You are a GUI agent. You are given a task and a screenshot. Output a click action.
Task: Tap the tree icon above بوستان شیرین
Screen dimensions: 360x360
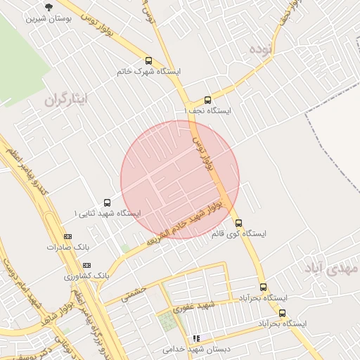(48, 7)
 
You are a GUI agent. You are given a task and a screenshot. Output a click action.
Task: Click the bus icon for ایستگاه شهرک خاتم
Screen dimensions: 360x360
(148, 60)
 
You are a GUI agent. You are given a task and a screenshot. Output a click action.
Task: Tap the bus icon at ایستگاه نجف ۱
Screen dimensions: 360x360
(207, 100)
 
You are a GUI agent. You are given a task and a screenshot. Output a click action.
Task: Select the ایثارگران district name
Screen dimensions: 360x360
(68, 100)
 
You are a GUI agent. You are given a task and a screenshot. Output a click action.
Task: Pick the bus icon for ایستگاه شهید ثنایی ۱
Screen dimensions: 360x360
(107, 202)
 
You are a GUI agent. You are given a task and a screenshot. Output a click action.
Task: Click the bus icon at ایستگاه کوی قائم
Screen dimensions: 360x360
(238, 223)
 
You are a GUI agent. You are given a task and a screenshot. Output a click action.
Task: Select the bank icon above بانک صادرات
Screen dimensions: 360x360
(67, 237)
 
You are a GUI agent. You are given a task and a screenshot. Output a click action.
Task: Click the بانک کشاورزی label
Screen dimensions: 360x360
(87, 276)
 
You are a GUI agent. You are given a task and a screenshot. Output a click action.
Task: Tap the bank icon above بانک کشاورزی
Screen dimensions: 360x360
(86, 265)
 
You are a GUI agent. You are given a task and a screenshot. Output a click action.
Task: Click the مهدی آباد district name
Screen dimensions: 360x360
(331, 268)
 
